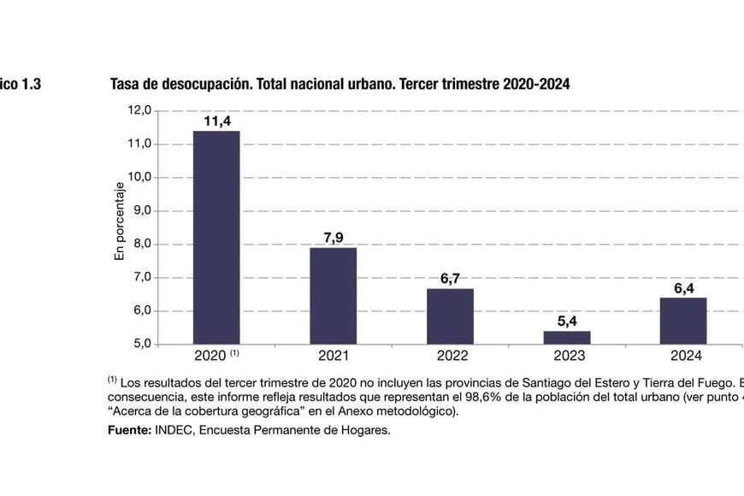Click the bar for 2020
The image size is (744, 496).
(216, 238)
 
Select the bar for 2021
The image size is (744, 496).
(333, 296)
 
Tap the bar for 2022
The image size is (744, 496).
(450, 316)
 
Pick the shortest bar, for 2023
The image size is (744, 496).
(566, 338)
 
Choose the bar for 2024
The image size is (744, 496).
(683, 321)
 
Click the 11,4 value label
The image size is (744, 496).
(216, 121)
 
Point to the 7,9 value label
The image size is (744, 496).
(333, 238)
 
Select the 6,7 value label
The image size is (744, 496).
(450, 278)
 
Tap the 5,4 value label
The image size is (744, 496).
(566, 322)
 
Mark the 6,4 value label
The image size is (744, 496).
(683, 288)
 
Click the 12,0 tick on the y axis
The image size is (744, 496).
(139, 110)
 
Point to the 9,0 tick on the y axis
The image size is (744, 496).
(140, 210)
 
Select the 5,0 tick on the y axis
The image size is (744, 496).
(140, 345)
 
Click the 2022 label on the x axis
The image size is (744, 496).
(450, 356)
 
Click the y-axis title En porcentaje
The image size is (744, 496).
(120, 221)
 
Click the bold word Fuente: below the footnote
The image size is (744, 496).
(129, 430)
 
